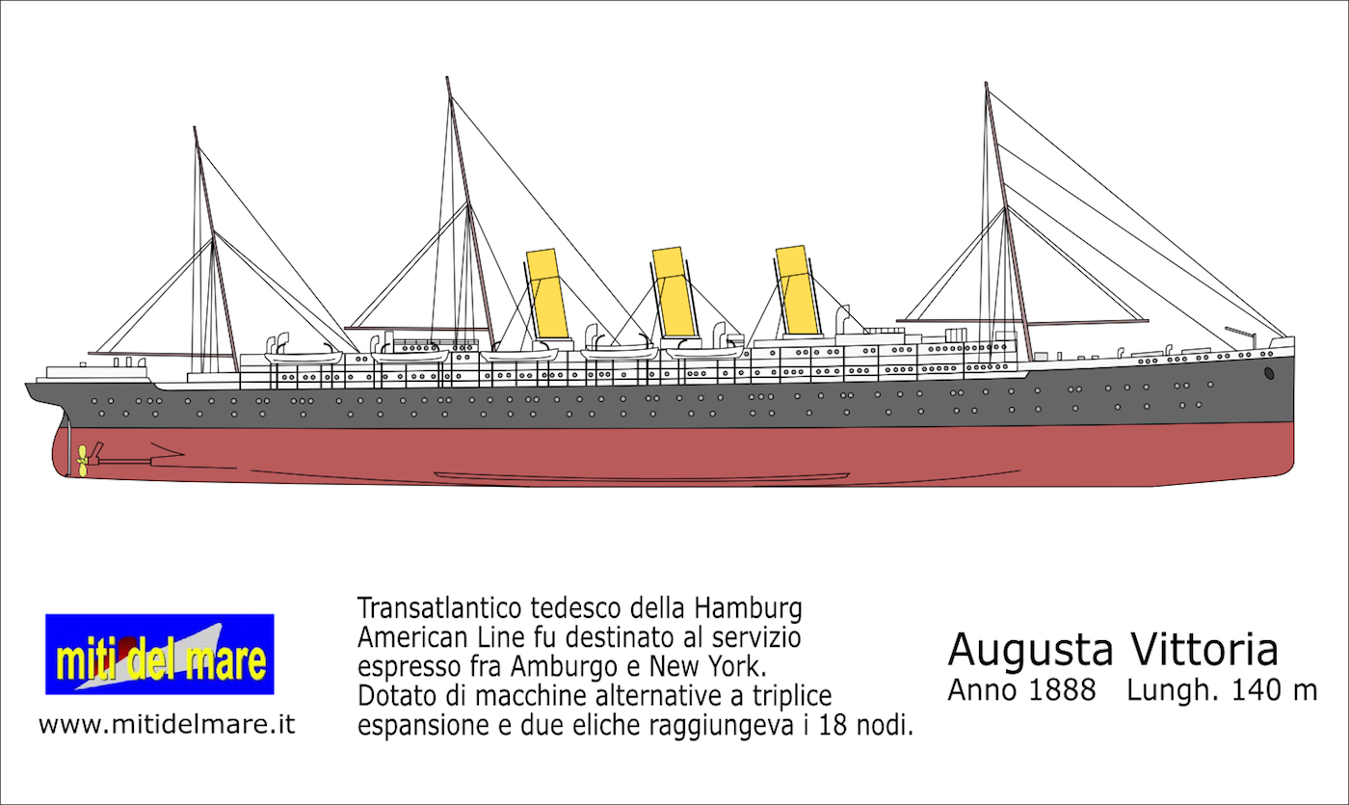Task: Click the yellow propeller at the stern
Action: point(84,460)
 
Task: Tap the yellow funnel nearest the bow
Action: point(798,288)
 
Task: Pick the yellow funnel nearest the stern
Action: point(545,293)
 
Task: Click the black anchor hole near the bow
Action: point(1269,372)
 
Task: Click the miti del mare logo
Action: point(160,655)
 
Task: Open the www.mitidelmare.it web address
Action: point(166,725)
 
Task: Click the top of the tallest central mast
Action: point(448,79)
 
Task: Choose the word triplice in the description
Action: point(792,695)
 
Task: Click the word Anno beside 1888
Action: point(980,690)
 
